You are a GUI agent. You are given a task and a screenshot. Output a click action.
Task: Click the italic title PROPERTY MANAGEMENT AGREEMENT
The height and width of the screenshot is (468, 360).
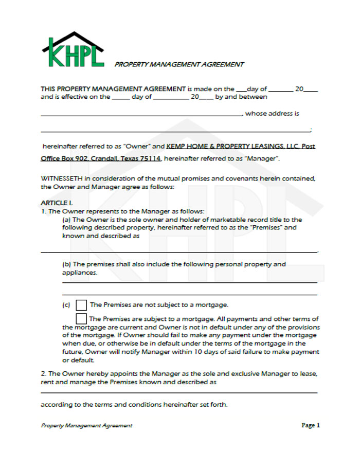(179, 64)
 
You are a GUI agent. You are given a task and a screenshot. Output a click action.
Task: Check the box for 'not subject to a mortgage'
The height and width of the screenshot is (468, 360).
(81, 305)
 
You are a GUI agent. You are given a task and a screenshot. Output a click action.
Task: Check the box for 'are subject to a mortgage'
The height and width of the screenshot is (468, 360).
(81, 319)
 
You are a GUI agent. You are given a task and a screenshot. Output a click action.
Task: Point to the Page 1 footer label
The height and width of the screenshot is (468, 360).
(311, 425)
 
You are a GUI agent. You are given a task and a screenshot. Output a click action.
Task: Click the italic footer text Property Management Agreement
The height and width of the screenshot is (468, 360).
(86, 425)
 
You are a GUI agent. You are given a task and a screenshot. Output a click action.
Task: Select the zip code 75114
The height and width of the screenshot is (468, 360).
(150, 158)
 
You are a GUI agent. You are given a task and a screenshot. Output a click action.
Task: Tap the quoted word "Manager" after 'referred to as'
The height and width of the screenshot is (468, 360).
(264, 158)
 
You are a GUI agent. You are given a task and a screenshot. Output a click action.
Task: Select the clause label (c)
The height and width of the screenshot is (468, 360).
(66, 305)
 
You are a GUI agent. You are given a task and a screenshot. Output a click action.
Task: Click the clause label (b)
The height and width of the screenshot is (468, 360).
(66, 264)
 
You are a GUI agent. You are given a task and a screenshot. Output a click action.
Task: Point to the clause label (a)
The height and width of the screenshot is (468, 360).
(66, 220)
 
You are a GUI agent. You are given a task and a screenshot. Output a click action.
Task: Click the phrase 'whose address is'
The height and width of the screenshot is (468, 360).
(272, 114)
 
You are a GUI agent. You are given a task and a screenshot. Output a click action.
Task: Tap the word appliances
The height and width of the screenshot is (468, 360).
(79, 273)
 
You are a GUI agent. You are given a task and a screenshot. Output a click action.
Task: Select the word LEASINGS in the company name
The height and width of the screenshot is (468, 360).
(261, 146)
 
